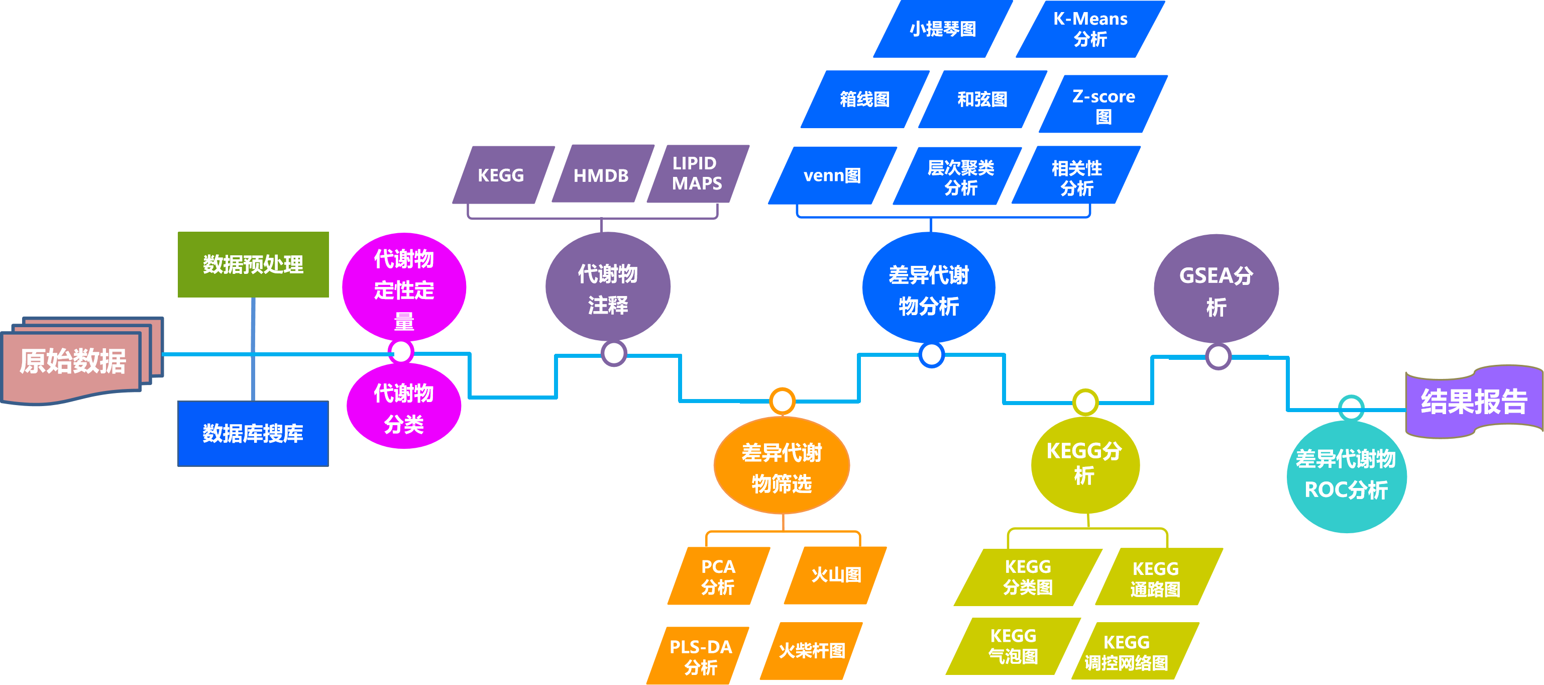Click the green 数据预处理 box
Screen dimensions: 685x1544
pos(253,264)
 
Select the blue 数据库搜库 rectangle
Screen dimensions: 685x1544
pos(253,433)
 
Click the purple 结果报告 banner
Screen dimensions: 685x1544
pos(1473,401)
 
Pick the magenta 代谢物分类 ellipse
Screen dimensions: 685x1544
pos(403,409)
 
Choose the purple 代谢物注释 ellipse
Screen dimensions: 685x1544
pos(607,288)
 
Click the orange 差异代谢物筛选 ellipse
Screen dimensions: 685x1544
pos(781,467)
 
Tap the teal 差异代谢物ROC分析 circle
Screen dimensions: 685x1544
pos(1346,475)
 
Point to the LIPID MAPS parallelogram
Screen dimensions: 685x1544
pos(697,174)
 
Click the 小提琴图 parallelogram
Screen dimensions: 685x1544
pos(942,29)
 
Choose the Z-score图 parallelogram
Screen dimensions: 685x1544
pos(1103,105)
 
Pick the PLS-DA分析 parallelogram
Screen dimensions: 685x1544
pos(700,656)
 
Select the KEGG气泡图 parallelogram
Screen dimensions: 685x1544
pos(1013,646)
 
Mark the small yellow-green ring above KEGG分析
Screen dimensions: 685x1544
pos(1085,402)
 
